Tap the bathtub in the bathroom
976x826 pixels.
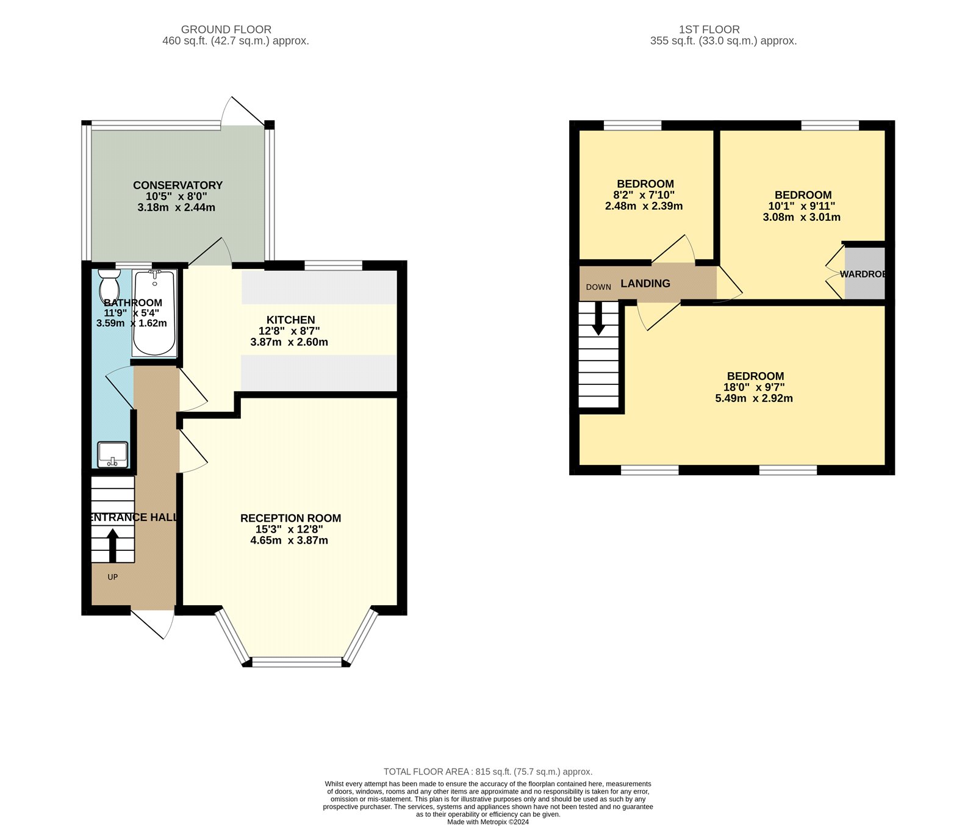(154, 313)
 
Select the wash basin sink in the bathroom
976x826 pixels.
(113, 454)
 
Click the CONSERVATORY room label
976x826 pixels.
(178, 185)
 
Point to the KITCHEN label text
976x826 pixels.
(290, 320)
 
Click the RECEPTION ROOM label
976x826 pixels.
(290, 518)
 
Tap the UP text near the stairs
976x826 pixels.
(113, 577)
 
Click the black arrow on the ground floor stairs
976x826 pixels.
(113, 545)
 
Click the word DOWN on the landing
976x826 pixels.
(598, 287)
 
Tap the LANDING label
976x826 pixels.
(645, 283)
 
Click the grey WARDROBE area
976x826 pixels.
(864, 273)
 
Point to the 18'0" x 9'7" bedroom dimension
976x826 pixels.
(754, 387)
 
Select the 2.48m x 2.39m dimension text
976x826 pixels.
(644, 206)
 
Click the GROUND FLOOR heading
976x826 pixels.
(226, 29)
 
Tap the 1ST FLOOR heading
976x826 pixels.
(709, 29)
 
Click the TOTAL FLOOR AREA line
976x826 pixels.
(488, 772)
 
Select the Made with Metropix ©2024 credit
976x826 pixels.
(488, 822)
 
